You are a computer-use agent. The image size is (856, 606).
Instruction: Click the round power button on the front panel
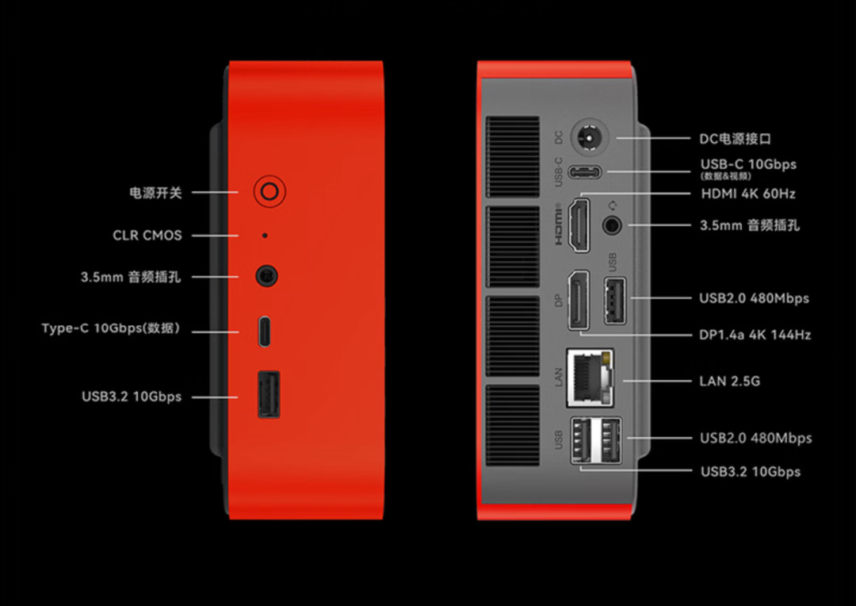pyautogui.click(x=269, y=191)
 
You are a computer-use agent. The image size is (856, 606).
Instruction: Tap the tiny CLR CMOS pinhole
pyautogui.click(x=265, y=236)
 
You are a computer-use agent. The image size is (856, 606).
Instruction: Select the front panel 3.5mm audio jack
pyautogui.click(x=267, y=275)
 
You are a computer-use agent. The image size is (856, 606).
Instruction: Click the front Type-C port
pyautogui.click(x=264, y=331)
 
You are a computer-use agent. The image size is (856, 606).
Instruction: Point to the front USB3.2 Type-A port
pyautogui.click(x=269, y=394)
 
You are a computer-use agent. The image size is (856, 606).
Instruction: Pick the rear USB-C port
pyautogui.click(x=585, y=173)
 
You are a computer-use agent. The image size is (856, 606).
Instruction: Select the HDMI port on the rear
pyautogui.click(x=579, y=226)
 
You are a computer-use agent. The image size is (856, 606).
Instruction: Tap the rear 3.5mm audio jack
pyautogui.click(x=612, y=224)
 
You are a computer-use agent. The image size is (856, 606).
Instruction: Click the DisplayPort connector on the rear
pyautogui.click(x=579, y=300)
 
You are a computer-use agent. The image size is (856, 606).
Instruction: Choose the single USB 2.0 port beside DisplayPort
pyautogui.click(x=615, y=301)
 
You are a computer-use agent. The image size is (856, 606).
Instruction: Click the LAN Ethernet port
pyautogui.click(x=590, y=378)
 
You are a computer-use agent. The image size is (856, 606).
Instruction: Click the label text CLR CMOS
pyautogui.click(x=147, y=236)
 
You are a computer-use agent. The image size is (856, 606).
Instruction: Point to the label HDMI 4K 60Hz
pyautogui.click(x=748, y=194)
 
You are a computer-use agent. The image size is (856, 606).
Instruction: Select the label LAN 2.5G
pyautogui.click(x=729, y=381)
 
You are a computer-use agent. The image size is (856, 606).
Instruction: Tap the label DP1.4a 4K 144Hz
pyautogui.click(x=755, y=335)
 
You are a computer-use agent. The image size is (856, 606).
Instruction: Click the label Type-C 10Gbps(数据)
pyautogui.click(x=111, y=328)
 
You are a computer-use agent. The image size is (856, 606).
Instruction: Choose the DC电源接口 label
pyautogui.click(x=736, y=139)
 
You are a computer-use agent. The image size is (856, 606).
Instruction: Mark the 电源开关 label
pyautogui.click(x=155, y=193)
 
